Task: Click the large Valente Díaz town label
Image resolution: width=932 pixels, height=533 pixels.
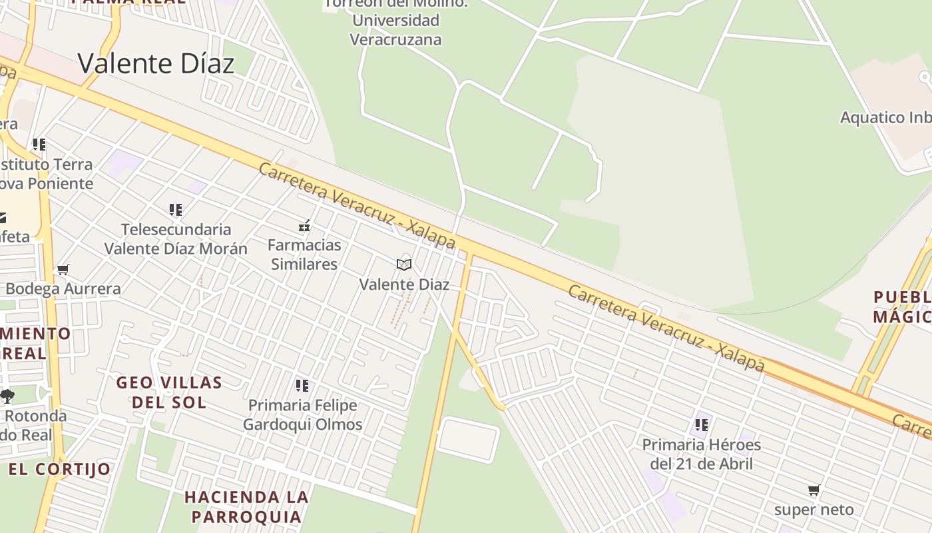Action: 156,64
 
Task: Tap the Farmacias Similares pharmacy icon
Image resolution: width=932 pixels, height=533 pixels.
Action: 304,226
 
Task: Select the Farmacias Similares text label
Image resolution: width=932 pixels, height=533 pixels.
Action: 304,255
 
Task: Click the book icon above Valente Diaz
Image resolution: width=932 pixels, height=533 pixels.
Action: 404,265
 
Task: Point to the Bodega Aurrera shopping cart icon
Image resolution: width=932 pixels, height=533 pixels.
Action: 63,270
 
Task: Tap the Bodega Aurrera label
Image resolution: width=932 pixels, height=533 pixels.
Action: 63,288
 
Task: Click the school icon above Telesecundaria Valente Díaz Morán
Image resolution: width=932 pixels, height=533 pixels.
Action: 176,210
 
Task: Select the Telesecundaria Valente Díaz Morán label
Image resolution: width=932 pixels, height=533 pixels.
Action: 176,239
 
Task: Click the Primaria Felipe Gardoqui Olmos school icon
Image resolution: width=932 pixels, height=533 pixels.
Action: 302,386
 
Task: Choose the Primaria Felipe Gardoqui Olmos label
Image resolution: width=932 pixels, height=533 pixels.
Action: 302,414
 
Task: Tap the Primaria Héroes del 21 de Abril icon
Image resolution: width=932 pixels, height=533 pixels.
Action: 701,424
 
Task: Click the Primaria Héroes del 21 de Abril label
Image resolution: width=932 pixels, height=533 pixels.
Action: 701,454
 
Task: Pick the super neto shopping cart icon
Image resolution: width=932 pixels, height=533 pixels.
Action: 814,490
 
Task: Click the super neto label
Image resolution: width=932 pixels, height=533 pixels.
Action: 814,510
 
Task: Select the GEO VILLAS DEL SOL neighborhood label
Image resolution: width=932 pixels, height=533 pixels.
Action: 169,392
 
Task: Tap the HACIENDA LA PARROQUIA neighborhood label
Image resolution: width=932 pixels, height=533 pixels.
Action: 246,506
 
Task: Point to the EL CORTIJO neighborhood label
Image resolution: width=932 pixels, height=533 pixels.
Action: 60,469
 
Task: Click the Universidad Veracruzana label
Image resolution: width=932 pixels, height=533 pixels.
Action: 395,29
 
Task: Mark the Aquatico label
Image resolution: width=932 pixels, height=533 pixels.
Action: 885,118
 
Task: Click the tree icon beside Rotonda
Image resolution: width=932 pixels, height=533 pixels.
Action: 7,396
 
